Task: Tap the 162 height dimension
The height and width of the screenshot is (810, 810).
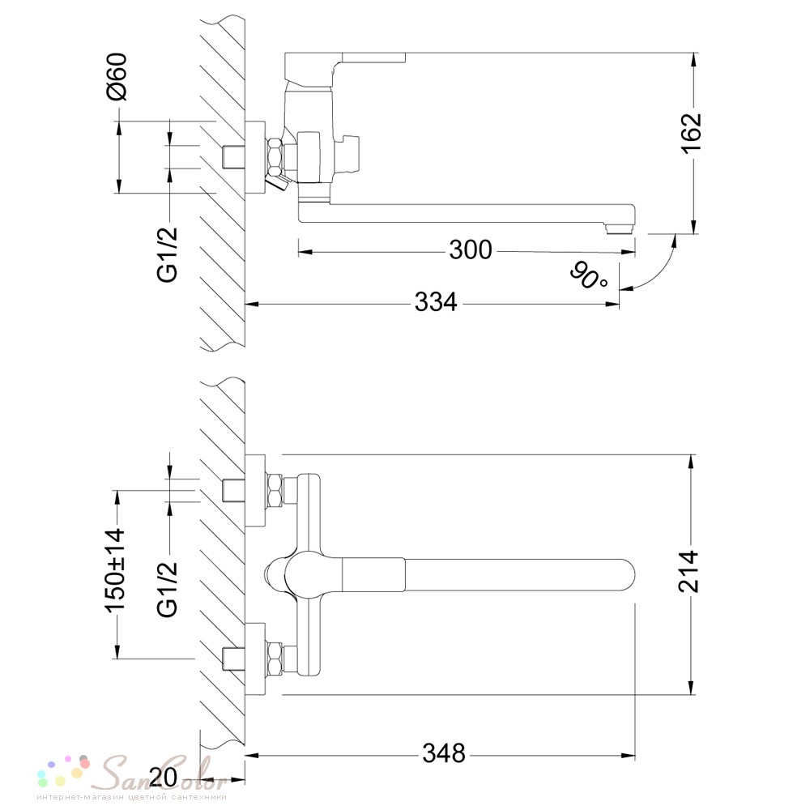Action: (x=691, y=133)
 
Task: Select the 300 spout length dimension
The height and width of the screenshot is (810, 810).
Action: (x=470, y=250)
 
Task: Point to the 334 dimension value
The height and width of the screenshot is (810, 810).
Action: (x=436, y=301)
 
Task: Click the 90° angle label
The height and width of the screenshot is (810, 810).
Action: (x=590, y=275)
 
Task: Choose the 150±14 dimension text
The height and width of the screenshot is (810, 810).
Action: (x=116, y=569)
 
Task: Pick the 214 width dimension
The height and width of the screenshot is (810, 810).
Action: (x=688, y=571)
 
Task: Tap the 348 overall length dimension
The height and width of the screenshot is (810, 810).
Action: (x=444, y=753)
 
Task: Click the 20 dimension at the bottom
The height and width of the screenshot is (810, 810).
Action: (x=163, y=777)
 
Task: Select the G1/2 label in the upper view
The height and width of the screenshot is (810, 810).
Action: (x=168, y=254)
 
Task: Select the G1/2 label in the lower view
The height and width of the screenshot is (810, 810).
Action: (x=168, y=589)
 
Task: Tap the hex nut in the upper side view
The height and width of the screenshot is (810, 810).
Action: (x=275, y=156)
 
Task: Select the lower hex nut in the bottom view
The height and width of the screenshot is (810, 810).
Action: (x=275, y=658)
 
